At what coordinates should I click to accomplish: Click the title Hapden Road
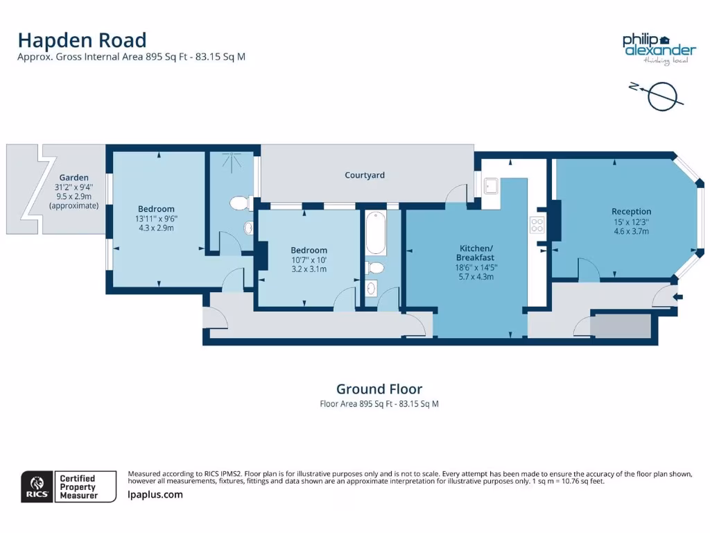(x=82, y=40)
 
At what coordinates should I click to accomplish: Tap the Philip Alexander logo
(x=658, y=49)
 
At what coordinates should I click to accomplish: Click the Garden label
(x=73, y=178)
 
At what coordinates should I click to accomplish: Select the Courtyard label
(x=365, y=176)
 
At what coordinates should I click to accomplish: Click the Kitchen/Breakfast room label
(x=476, y=253)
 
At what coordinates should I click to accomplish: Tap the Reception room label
(x=631, y=212)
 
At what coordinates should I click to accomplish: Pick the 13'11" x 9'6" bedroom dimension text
(x=156, y=219)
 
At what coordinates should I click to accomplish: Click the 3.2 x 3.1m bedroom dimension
(x=309, y=269)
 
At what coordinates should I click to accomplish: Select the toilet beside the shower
(x=239, y=203)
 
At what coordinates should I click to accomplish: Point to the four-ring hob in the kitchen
(x=537, y=225)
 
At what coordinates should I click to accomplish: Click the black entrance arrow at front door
(x=678, y=297)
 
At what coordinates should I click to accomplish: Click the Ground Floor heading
(x=379, y=389)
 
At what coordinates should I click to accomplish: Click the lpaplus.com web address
(x=155, y=495)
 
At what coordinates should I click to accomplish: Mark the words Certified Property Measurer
(x=78, y=487)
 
